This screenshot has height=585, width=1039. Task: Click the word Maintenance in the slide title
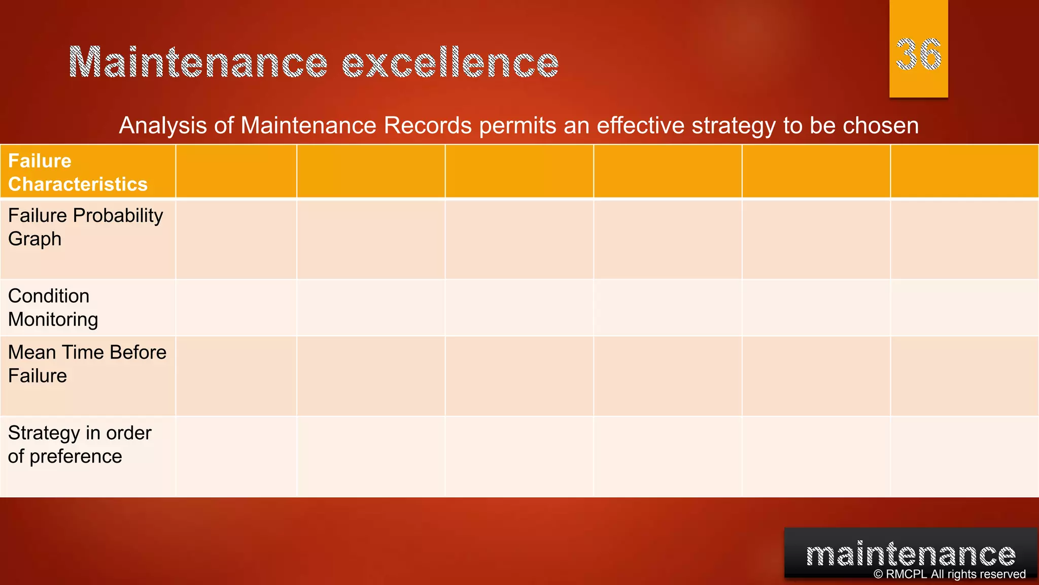tap(198, 62)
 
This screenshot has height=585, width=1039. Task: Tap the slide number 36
tap(918, 54)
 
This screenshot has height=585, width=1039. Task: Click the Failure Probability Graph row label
tap(85, 227)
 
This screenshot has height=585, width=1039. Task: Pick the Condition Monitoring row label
tap(53, 308)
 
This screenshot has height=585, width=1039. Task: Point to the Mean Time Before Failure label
tap(87, 364)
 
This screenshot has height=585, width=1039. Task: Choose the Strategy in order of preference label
tap(79, 444)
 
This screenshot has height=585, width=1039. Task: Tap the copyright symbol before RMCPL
tap(878, 574)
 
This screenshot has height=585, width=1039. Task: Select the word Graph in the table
tap(34, 239)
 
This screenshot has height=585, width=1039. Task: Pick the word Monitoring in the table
tap(53, 319)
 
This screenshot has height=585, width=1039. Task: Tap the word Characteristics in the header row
tap(78, 184)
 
